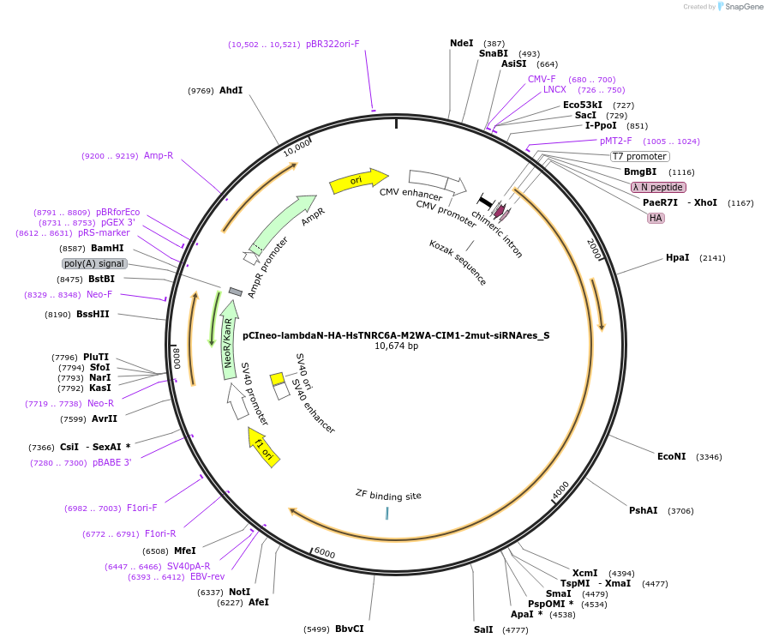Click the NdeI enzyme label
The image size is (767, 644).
tap(461, 43)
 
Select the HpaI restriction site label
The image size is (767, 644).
tap(677, 257)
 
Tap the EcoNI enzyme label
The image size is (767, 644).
tap(671, 456)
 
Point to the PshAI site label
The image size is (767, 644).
tap(643, 510)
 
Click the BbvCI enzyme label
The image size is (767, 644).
tap(349, 629)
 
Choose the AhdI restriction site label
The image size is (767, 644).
tap(231, 90)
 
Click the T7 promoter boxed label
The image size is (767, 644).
tap(638, 156)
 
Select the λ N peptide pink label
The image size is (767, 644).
tap(657, 187)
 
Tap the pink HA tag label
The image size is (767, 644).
tap(656, 218)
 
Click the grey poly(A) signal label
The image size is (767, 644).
tap(94, 263)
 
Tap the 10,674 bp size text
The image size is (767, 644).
tap(396, 346)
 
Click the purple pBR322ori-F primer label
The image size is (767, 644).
tap(333, 44)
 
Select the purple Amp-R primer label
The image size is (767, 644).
tap(159, 155)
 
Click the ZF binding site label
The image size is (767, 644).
tap(388, 495)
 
